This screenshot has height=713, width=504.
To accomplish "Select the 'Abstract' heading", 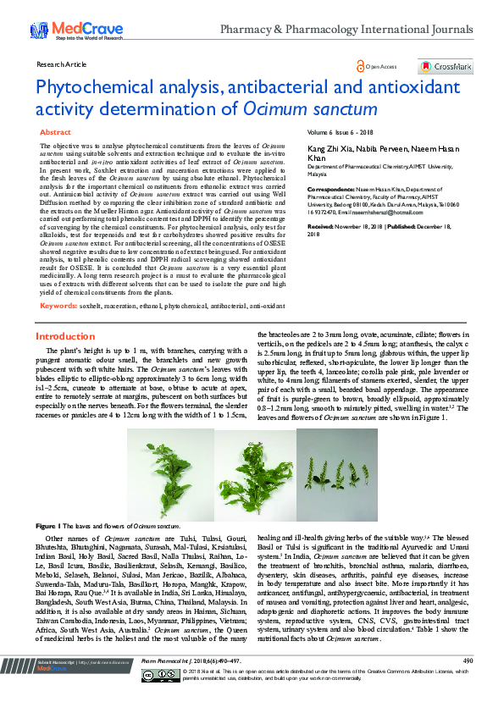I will coord(55,133).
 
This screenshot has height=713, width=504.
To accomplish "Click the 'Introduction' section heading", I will coord(64,336).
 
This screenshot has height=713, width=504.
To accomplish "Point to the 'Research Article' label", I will coord(62,64).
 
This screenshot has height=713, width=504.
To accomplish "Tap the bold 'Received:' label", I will coord(322,228).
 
